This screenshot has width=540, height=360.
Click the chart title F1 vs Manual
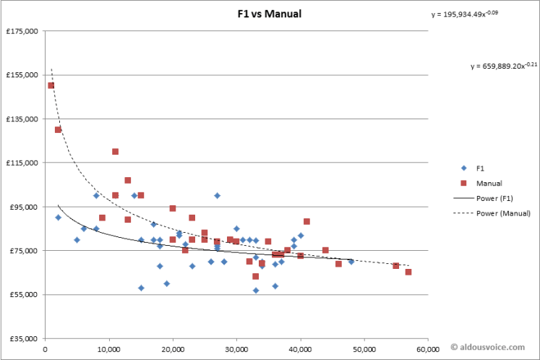coord(270,14)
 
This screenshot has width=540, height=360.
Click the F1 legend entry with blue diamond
coord(478,168)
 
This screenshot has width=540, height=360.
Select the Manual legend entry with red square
coord(485,183)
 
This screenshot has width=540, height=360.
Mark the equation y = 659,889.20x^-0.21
coord(504,66)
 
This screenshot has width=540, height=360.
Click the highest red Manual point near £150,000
coord(51,85)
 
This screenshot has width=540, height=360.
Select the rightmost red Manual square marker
coord(408,272)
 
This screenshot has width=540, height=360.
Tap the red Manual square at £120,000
coord(115,152)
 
